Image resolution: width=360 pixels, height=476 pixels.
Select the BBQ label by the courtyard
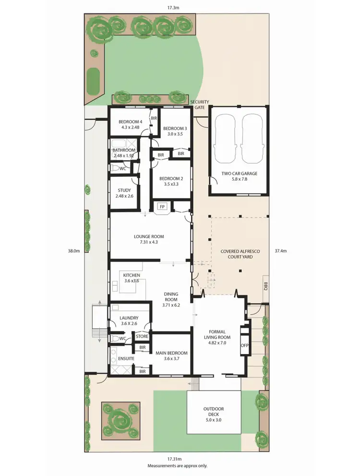tap(265, 287)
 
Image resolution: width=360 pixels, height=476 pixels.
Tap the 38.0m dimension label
tap(73, 251)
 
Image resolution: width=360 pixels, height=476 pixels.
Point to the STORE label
tap(142, 336)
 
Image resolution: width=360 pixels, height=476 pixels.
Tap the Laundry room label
tap(129, 321)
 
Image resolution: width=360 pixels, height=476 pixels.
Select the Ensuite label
tap(126, 358)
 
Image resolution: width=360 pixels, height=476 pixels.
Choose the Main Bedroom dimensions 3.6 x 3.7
tap(171, 358)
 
